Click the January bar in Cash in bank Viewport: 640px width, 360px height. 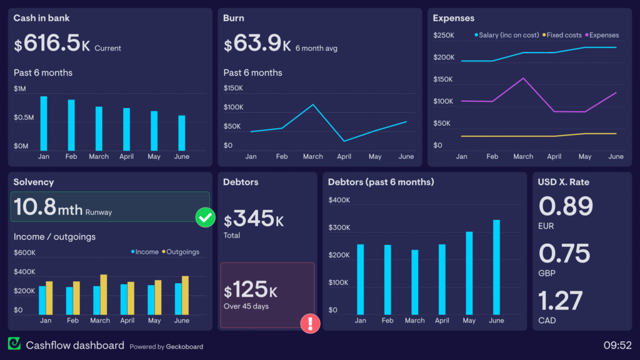tap(44, 123)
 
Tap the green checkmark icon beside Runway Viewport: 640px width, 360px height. tap(205, 217)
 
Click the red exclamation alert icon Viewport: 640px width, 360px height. tap(310, 323)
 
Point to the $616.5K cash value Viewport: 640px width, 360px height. tap(52, 44)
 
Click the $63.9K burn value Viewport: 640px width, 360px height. tap(257, 44)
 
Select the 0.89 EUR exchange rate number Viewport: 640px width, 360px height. tap(565, 206)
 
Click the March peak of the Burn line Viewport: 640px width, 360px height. tap(313, 104)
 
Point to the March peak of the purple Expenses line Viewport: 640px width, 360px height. tap(523, 78)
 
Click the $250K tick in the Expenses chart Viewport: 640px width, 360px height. tap(444, 36)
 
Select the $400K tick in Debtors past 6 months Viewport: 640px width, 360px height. tap(339, 201)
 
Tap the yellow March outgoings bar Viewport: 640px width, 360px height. tap(104, 294)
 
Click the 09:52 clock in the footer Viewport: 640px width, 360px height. tap(617, 345)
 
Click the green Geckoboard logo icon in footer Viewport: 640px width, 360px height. tap(14, 344)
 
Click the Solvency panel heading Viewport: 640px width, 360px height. tap(34, 182)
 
